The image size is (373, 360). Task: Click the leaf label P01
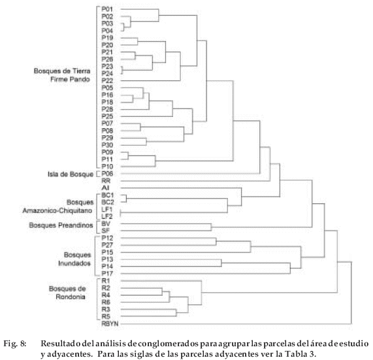point(107,9)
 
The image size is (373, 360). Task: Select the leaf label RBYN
point(110,323)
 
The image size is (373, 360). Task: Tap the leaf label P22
point(107,80)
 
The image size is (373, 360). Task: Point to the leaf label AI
point(105,188)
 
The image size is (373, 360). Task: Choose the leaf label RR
point(106,181)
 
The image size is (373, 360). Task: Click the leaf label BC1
point(108,195)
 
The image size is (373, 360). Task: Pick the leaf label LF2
point(107,216)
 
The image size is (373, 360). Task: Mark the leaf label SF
point(106,231)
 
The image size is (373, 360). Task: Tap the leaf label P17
point(107,274)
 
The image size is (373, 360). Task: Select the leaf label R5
point(106,316)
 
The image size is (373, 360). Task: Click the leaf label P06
point(107,174)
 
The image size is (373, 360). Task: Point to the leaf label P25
point(107,116)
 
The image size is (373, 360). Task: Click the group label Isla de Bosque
point(71,174)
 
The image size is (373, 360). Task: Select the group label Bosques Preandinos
point(61,225)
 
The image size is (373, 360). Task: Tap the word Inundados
point(74,263)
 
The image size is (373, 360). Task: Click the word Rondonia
point(71,297)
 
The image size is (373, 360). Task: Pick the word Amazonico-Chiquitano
point(57,210)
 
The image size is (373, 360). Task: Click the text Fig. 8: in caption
point(15,344)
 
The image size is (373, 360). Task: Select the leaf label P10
point(107,167)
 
